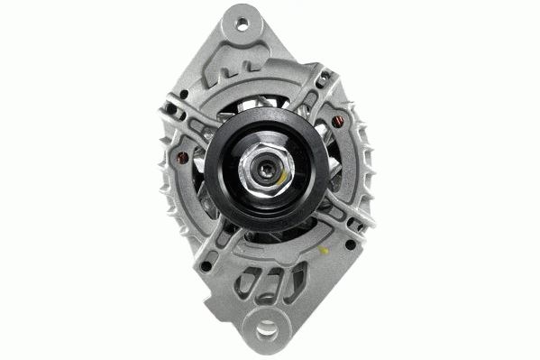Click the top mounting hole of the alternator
(242, 24)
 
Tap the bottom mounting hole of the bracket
(267, 329)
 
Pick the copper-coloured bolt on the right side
(338, 122)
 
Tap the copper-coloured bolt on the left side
(183, 159)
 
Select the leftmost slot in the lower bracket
(244, 283)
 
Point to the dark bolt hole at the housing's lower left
(206, 266)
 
